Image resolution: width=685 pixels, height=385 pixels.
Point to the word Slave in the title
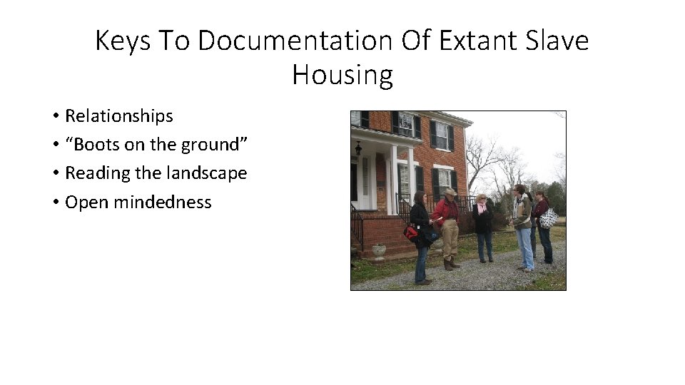559,41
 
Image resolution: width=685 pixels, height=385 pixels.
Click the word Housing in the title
342,75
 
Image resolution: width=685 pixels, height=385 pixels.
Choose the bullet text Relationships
119,115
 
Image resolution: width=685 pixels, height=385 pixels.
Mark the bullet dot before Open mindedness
55,202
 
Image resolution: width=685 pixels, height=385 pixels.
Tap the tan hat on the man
450,192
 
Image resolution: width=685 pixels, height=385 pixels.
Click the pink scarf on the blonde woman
482,208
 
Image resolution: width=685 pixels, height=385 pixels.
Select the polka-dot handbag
548,218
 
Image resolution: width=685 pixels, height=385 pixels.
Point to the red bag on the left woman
412,232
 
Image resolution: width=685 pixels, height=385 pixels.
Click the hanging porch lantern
358,148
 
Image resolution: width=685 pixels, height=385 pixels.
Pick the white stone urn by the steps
379,250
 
